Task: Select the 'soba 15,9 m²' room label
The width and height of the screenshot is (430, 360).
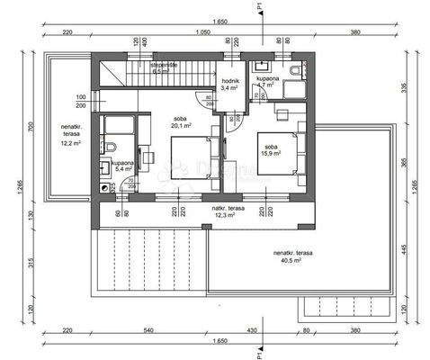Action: (271, 148)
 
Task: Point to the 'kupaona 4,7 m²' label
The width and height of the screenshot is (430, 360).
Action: (268, 85)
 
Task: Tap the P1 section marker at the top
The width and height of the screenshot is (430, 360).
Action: (259, 9)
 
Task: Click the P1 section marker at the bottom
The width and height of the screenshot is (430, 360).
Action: (259, 350)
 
